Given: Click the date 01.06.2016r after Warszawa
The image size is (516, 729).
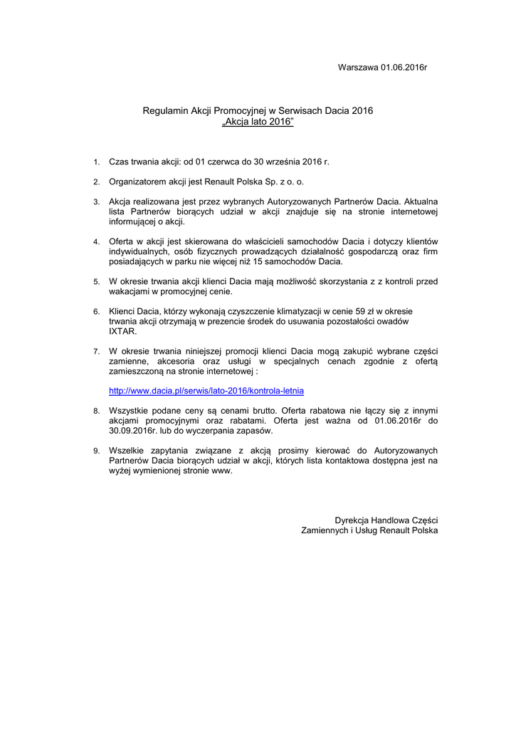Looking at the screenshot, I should pyautogui.click(x=403, y=67).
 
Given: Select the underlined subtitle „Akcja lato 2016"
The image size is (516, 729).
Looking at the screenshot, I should pyautogui.click(x=258, y=122).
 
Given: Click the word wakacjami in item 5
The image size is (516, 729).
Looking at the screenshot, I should pyautogui.click(x=128, y=291).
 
